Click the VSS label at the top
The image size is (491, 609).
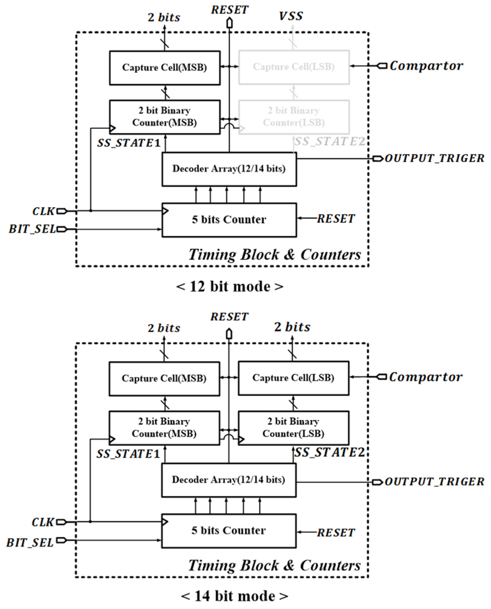pos(291,16)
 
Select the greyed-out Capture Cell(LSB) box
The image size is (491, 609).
pos(294,67)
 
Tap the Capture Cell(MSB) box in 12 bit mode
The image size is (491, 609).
pos(165,68)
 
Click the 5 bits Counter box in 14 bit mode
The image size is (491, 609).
pos(229,531)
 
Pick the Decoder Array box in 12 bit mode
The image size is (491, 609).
pos(229,169)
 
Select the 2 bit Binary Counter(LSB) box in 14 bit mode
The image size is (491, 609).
pos(293,428)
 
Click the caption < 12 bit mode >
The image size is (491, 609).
pos(229,286)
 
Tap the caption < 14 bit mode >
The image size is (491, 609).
pos(234,596)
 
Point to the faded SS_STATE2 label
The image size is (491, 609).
pos(330,141)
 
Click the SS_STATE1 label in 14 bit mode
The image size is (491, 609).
pos(128,454)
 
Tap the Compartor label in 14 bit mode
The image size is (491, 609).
pos(425,377)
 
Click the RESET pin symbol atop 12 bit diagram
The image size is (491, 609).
pos(229,23)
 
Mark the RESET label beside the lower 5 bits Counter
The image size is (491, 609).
pos(336,533)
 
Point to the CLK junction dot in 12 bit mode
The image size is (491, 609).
pos(91,211)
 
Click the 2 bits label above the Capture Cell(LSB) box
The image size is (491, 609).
pos(292,327)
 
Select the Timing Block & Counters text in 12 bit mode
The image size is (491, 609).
pos(274,254)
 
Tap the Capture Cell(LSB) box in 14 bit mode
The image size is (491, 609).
pos(293,378)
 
